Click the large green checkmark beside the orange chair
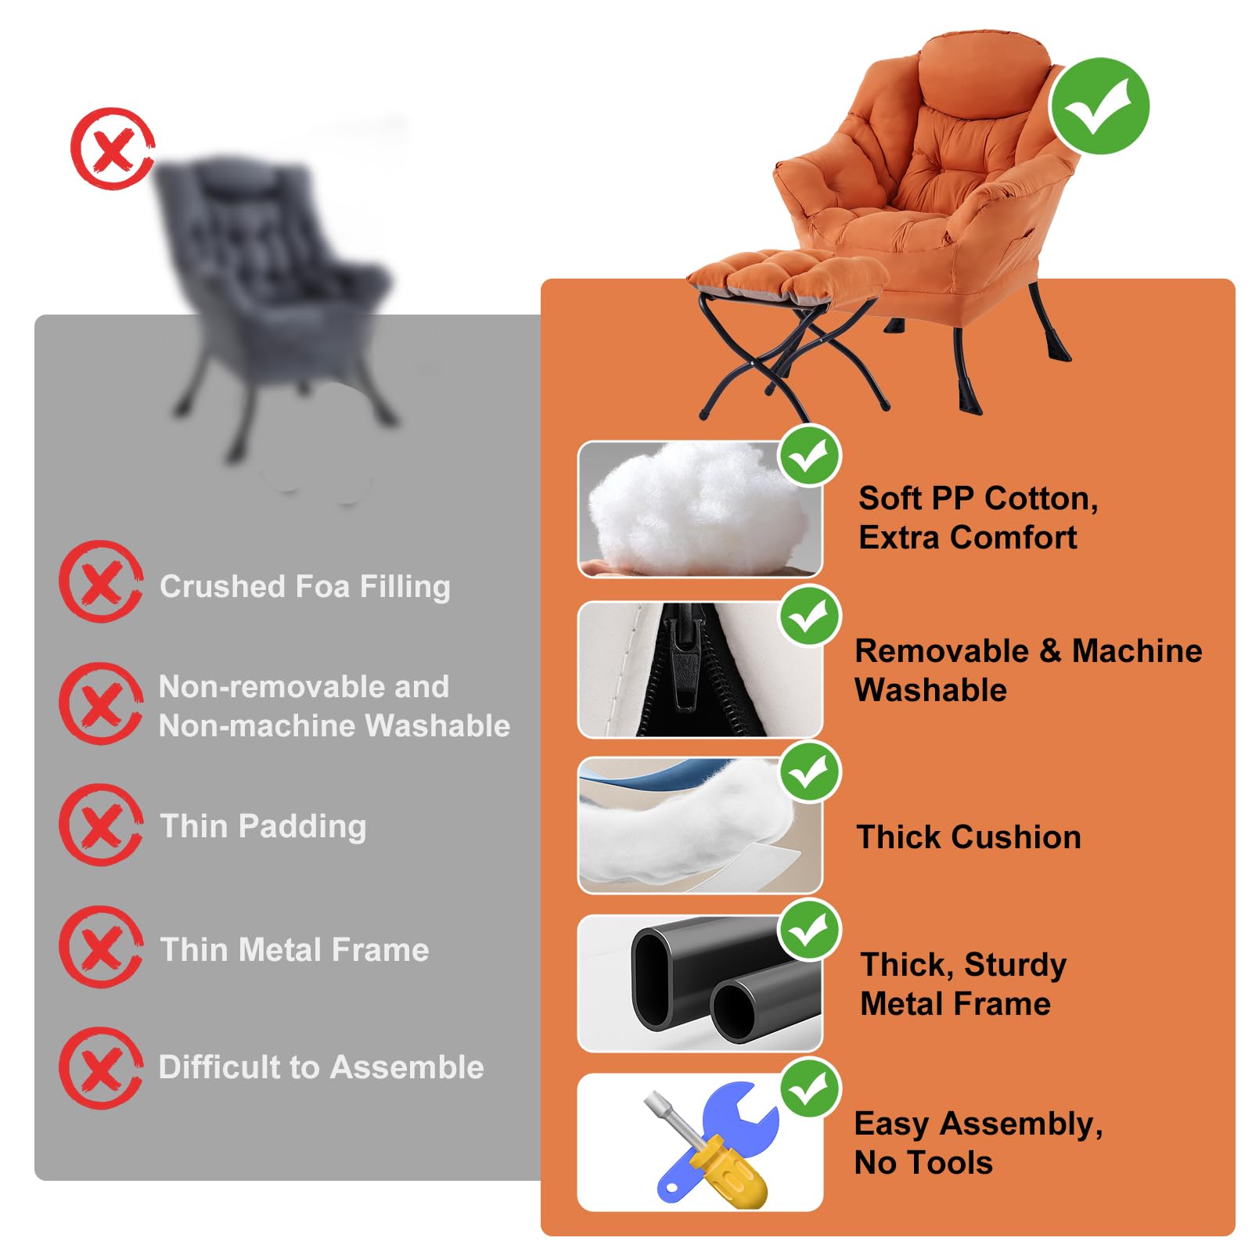pos(1099,106)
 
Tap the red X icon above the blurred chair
pos(112,149)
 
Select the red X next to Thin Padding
pos(101,825)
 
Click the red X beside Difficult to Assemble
pos(101,1067)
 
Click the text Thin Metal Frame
pos(294,949)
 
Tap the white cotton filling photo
pos(699,509)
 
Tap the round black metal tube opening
pos(732,1009)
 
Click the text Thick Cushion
pos(969,836)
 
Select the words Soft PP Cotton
pos(978,498)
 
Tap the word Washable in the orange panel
pos(930,690)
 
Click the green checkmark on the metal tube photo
pos(809,930)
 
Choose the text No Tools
pos(923,1162)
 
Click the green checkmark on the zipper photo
pos(810,615)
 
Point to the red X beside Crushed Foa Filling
pos(101,581)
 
